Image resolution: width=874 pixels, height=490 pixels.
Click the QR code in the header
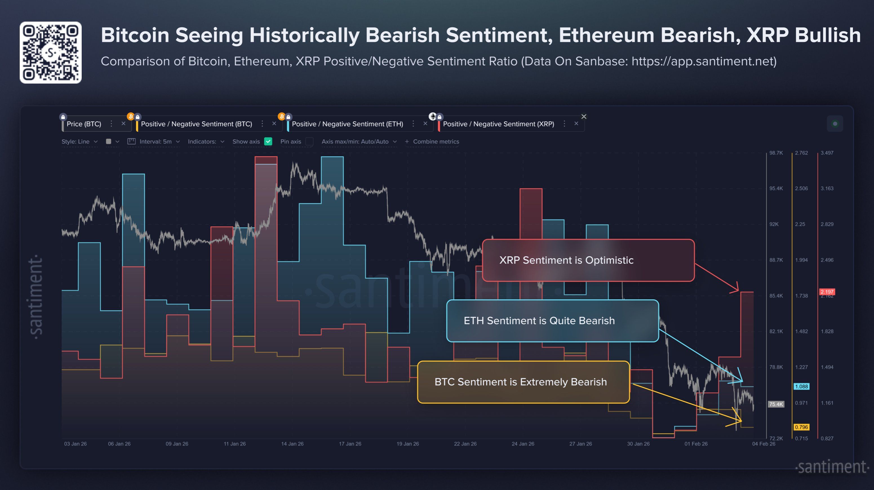[x=50, y=53]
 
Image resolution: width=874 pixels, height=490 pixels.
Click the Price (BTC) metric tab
[x=84, y=124]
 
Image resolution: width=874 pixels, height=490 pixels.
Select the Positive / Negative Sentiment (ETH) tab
[x=347, y=124]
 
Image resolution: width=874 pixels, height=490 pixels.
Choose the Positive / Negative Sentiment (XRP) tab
[x=498, y=124]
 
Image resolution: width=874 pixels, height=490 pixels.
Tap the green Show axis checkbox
[x=268, y=141]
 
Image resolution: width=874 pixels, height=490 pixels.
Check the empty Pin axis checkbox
[x=309, y=141]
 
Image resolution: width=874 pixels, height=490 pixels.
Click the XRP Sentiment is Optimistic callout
[x=588, y=260]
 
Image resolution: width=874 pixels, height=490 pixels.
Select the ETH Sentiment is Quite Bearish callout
[x=552, y=320]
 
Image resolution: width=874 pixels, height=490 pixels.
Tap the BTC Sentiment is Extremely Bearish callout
[x=523, y=382]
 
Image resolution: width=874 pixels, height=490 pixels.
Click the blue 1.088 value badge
[x=801, y=386]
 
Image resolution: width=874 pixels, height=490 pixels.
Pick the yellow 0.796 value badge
[x=801, y=427]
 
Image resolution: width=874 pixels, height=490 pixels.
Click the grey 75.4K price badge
[x=776, y=404]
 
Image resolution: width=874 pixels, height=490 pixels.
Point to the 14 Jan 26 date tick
[x=292, y=444]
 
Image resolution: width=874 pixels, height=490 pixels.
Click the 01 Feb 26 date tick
[x=696, y=444]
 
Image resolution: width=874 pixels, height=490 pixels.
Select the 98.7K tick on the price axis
[x=776, y=153]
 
